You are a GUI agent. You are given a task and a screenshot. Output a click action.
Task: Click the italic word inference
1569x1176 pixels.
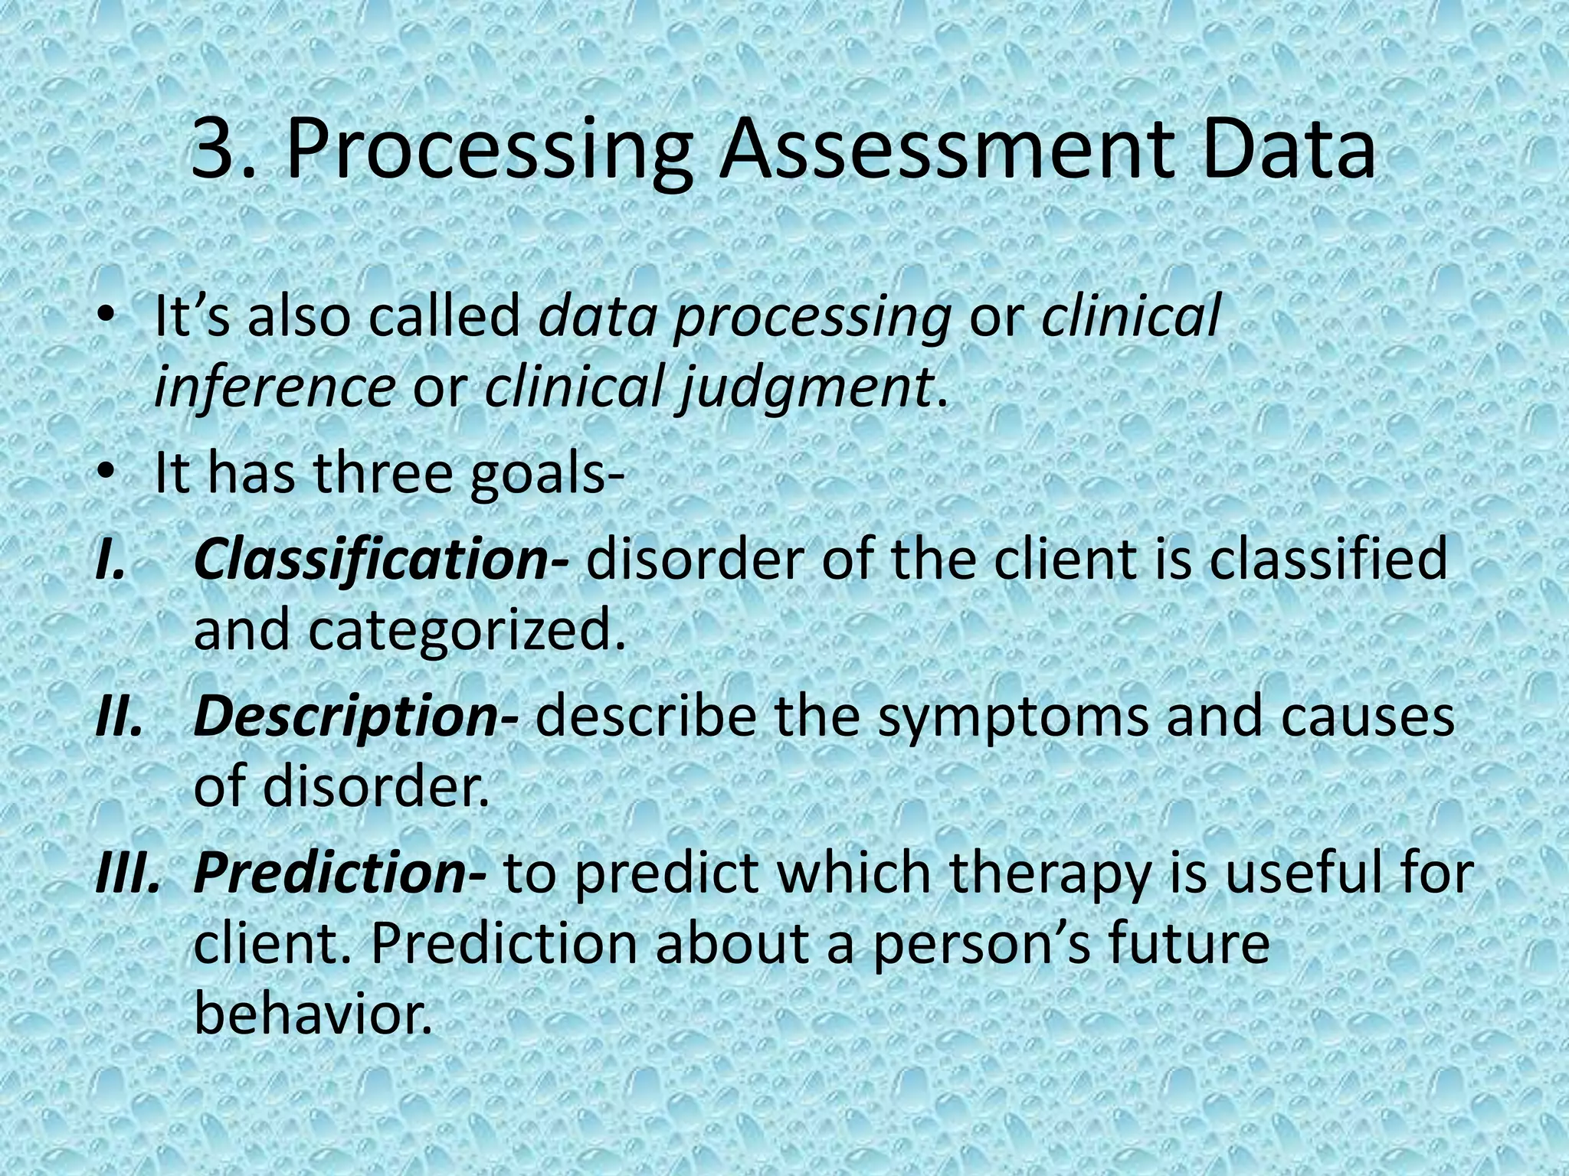[274, 387]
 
